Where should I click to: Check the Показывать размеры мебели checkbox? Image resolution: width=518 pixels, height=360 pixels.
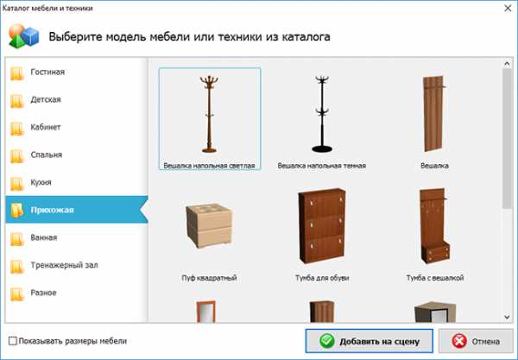click(x=13, y=341)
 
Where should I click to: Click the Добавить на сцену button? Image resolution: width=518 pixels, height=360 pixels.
click(x=369, y=341)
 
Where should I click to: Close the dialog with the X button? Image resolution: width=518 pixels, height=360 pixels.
click(x=508, y=9)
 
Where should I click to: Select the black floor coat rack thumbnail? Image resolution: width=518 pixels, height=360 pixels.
click(x=322, y=114)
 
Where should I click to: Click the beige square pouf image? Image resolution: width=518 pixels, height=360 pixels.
click(x=209, y=225)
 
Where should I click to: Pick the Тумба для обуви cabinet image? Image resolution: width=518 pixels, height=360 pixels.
click(x=322, y=225)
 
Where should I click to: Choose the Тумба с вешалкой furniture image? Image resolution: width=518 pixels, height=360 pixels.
click(x=434, y=225)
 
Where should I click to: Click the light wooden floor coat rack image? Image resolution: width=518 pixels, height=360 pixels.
click(x=209, y=114)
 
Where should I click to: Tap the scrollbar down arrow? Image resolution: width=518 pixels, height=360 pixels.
click(x=507, y=317)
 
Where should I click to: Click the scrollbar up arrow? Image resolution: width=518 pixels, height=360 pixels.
click(x=507, y=64)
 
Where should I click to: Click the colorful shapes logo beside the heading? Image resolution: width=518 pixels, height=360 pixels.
click(x=24, y=36)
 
